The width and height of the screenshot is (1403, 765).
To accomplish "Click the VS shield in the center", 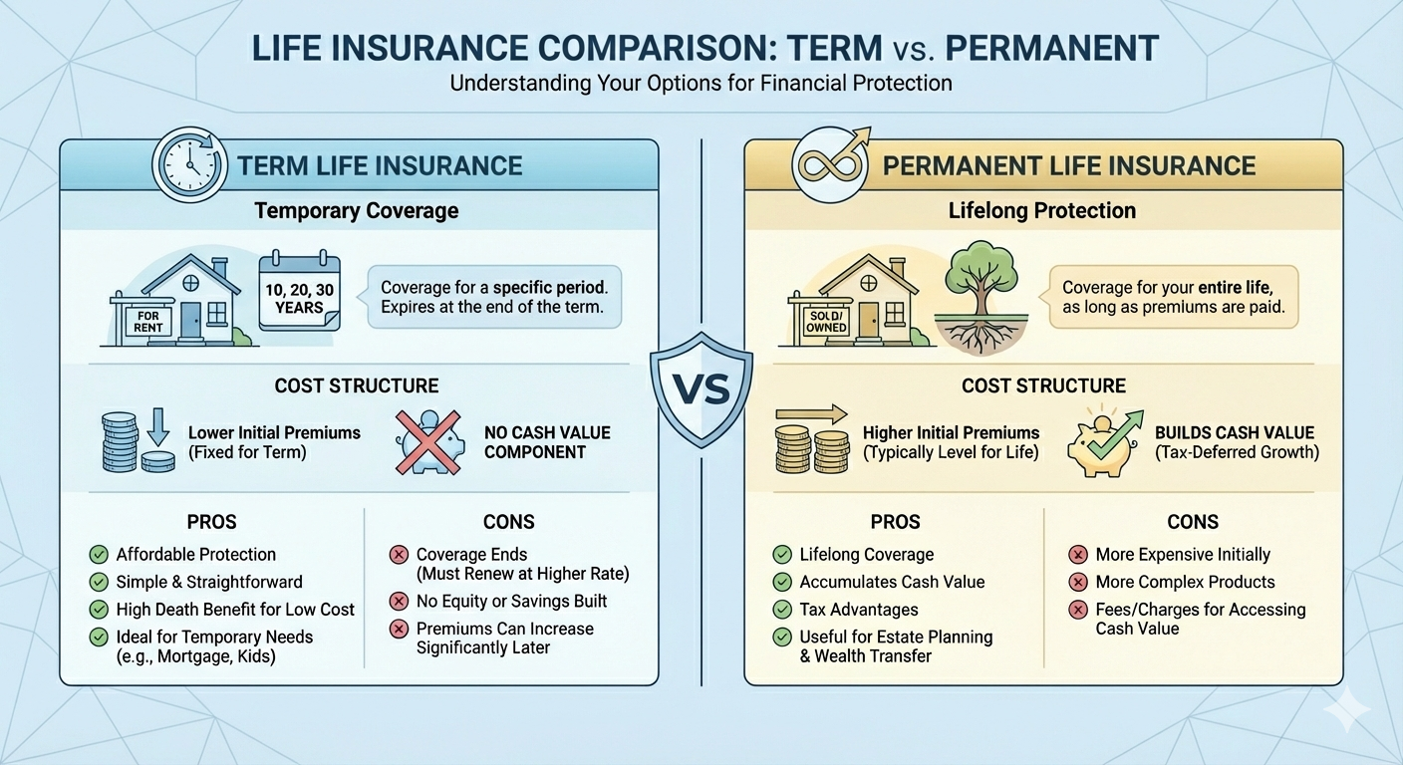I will click(701, 390).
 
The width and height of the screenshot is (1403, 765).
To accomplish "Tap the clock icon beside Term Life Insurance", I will click(188, 164).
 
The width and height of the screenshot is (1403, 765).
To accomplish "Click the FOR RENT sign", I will click(147, 322).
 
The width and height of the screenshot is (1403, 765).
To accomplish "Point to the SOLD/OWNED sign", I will click(826, 322).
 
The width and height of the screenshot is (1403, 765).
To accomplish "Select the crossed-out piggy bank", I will click(430, 441).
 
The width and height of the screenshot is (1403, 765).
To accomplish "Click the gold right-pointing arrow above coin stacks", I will click(810, 414).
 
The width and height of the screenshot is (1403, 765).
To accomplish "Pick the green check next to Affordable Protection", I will click(98, 555).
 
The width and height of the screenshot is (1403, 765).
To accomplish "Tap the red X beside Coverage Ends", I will click(399, 555).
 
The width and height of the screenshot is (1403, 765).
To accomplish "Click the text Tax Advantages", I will click(858, 610).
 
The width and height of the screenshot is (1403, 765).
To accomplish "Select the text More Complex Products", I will click(1185, 582).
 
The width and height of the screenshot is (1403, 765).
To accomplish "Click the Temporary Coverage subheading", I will click(357, 211).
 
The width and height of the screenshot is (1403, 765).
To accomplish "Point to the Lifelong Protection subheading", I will click(1043, 211).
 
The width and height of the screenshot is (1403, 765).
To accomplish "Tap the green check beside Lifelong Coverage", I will click(782, 555).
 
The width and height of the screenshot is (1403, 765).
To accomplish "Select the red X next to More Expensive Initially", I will click(1077, 555).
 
